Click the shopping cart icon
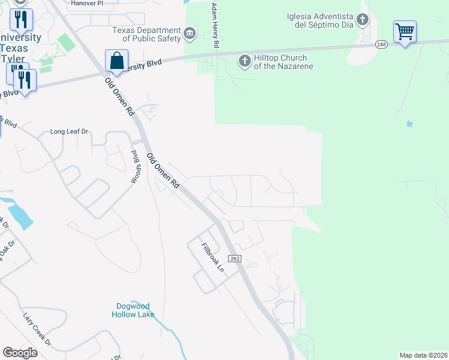point(405,31)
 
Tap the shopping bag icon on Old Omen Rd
point(116,61)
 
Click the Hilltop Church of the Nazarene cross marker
point(244,61)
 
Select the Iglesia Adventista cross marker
point(363,20)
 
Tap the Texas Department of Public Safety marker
point(190,33)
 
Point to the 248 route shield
point(382,44)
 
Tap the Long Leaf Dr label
point(69,131)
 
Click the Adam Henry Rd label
point(215,25)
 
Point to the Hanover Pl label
point(88,3)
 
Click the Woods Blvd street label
point(135,167)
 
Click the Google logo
point(20,352)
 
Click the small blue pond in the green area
point(409,124)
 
